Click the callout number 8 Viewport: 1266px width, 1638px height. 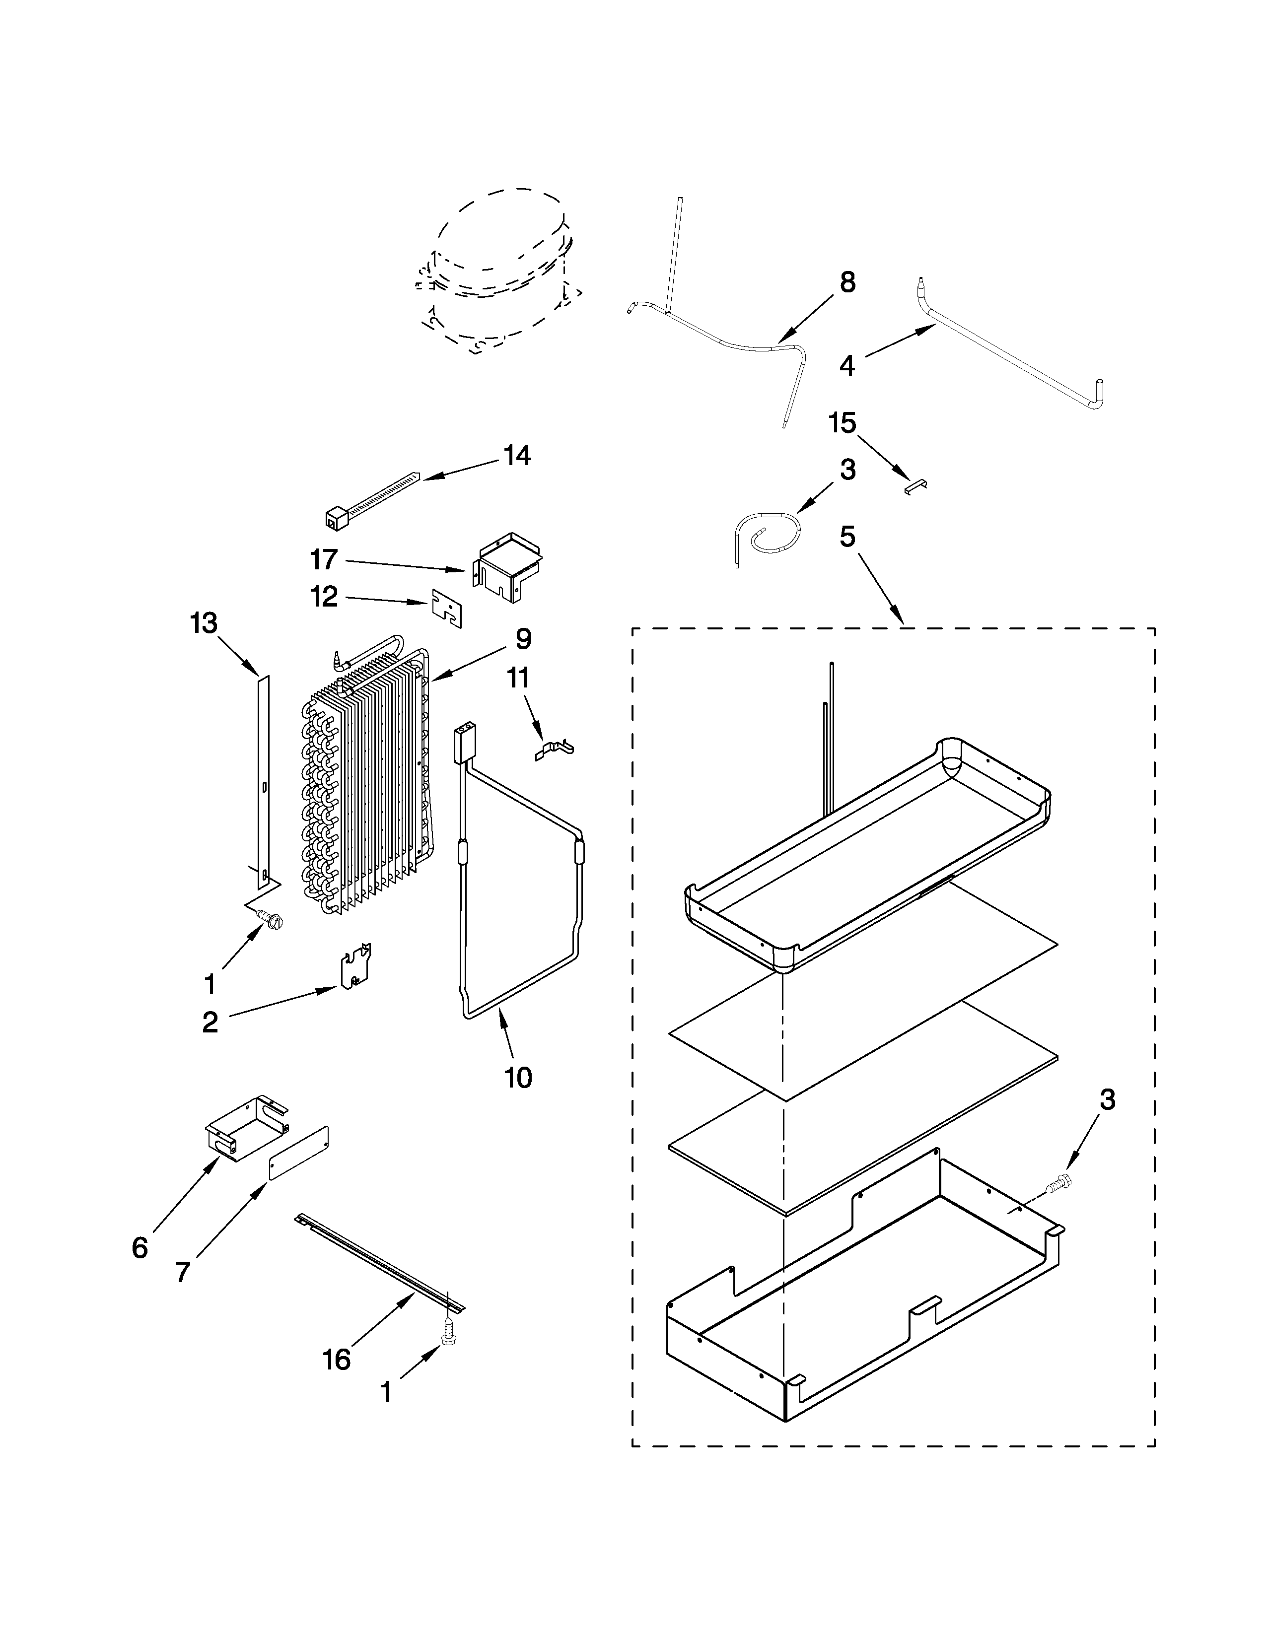pyautogui.click(x=847, y=283)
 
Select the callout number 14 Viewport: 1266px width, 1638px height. pyautogui.click(x=517, y=455)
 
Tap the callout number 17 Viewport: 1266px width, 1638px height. pyautogui.click(x=324, y=559)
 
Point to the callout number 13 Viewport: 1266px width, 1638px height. pyautogui.click(x=204, y=623)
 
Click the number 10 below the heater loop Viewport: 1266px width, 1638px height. pyautogui.click(x=518, y=1078)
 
